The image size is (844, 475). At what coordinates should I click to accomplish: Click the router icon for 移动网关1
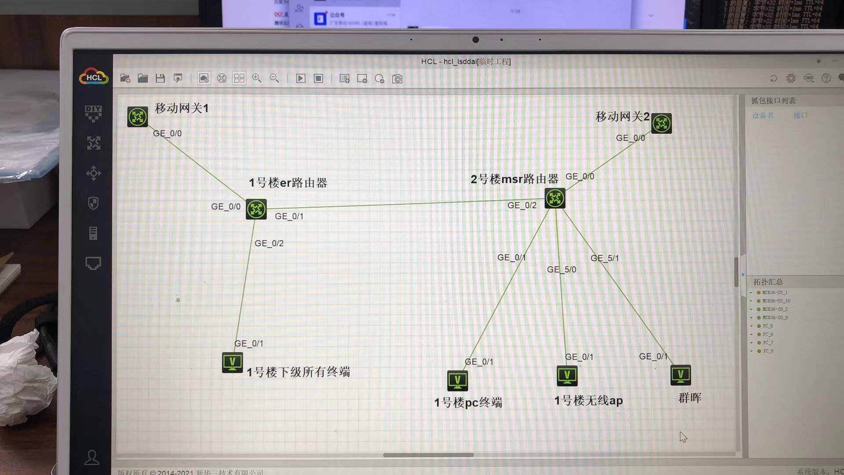[138, 117]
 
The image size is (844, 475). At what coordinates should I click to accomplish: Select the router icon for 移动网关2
[661, 123]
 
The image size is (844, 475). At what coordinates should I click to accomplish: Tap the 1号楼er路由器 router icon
[256, 209]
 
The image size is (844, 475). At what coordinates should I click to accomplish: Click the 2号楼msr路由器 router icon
[555, 198]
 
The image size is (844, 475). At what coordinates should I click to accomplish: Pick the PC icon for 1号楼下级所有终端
[233, 363]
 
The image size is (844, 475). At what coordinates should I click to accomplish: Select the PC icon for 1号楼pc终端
[458, 380]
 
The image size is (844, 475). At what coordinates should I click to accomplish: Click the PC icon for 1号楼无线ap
[567, 376]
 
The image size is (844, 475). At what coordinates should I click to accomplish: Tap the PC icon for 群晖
[680, 375]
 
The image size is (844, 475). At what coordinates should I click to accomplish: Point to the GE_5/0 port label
[561, 270]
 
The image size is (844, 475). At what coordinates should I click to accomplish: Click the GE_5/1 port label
[604, 258]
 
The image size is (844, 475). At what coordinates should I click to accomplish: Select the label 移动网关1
[182, 108]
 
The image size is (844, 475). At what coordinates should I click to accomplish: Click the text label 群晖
[690, 398]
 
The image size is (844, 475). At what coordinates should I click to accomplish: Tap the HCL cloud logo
[94, 77]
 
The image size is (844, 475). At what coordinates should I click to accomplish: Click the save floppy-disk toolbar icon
[160, 79]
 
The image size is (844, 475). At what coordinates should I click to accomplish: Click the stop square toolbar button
[318, 79]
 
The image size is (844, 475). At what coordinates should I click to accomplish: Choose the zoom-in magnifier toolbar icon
[257, 79]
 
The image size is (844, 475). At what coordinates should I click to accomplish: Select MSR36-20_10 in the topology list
[776, 301]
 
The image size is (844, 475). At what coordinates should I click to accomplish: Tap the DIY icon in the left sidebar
[93, 113]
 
